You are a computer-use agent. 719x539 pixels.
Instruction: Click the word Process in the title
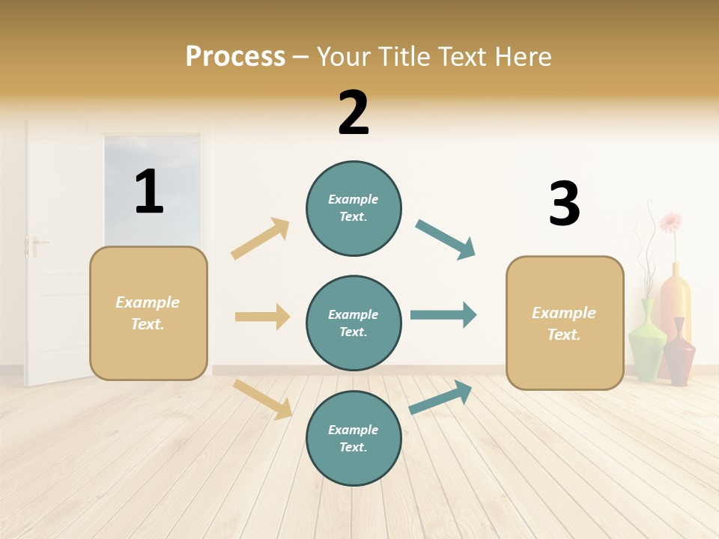(x=235, y=56)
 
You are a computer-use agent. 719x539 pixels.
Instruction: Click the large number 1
(x=149, y=192)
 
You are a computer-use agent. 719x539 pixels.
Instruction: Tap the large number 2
(x=354, y=113)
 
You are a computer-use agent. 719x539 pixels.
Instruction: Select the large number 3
(x=564, y=204)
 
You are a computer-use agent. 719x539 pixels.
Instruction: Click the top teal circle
(x=354, y=208)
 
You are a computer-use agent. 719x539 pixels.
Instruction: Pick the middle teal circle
(x=354, y=323)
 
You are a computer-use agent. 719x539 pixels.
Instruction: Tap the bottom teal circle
(x=354, y=438)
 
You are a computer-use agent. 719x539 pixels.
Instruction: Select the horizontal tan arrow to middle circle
(x=262, y=317)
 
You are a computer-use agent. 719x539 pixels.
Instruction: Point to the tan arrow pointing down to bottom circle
(x=262, y=399)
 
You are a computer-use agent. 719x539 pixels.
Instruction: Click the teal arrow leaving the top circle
(x=446, y=240)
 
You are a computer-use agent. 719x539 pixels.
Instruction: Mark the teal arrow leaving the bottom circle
(x=441, y=397)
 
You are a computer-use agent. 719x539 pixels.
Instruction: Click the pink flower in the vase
(x=670, y=222)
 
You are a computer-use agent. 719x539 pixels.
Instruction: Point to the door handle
(x=34, y=244)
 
